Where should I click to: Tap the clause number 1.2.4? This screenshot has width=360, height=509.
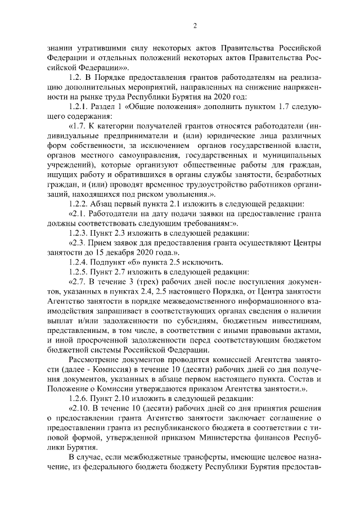80,262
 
